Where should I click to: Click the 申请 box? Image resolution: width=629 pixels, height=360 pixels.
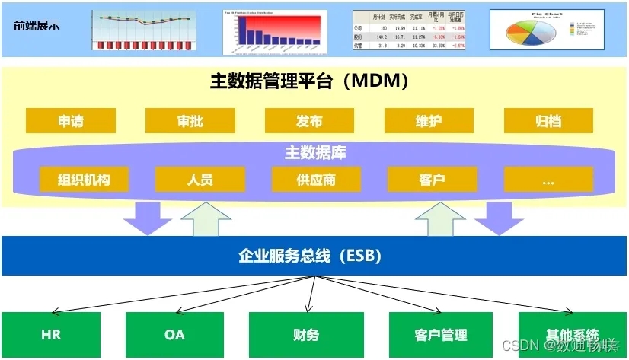coord(71,121)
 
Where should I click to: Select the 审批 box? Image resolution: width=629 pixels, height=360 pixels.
coord(190,121)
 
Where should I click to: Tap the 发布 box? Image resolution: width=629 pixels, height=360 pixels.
coord(309,121)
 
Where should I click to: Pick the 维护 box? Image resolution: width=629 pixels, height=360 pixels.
coord(429,121)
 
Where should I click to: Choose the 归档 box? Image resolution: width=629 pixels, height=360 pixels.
coord(548,121)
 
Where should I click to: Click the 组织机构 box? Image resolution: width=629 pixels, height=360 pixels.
coord(84,180)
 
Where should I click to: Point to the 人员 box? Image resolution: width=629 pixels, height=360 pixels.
coord(200,180)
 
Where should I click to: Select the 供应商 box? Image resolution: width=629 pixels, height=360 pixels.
coord(316,180)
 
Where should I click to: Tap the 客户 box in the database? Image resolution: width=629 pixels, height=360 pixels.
coord(432,180)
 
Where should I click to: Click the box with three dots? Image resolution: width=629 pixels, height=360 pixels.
coord(548,180)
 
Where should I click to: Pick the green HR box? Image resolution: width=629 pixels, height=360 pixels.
coord(51,334)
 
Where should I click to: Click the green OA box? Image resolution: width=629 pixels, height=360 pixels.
coord(174,334)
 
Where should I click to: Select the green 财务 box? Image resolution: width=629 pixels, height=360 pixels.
coord(305,334)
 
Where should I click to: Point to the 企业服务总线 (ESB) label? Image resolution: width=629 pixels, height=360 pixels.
coord(314,256)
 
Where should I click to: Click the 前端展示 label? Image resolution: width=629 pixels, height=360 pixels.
coord(37,26)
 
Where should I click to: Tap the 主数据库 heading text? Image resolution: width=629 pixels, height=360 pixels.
coord(315,153)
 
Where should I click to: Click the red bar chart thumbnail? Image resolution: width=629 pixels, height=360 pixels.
coord(275,31)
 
